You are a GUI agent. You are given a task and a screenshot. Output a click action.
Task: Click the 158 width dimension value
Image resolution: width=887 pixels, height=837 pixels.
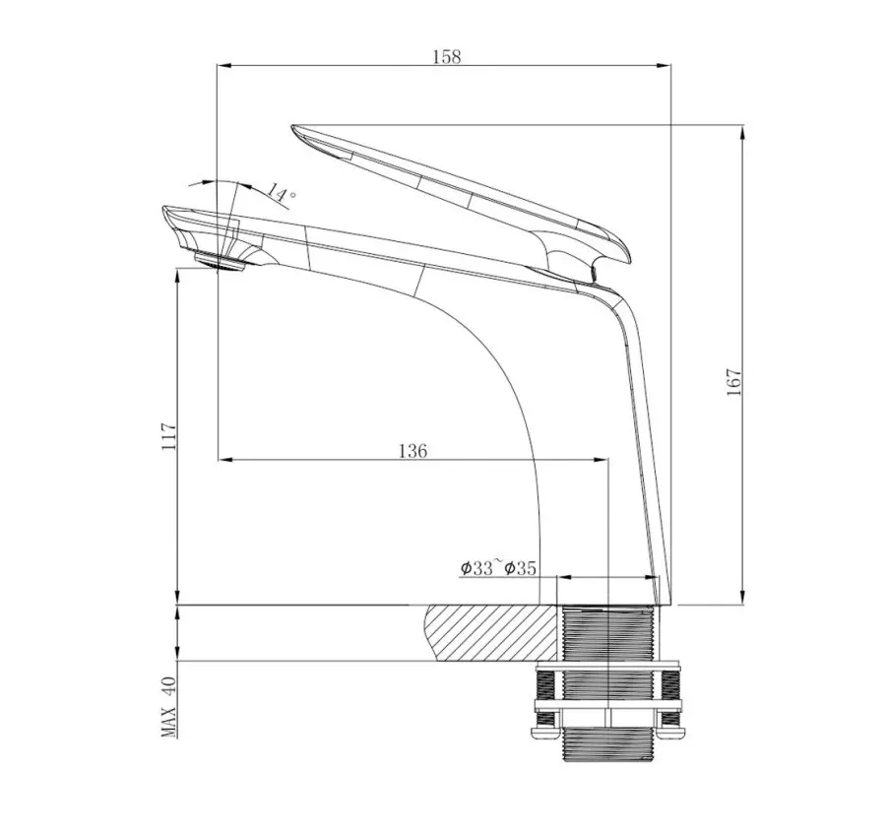[x=446, y=56]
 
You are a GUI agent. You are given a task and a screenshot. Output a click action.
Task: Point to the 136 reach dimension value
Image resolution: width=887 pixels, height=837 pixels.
[x=412, y=451]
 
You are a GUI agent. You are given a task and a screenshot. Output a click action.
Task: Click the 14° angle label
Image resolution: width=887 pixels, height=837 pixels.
[x=281, y=193]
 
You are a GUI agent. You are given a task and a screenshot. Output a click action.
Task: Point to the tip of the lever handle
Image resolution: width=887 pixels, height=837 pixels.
[x=295, y=128]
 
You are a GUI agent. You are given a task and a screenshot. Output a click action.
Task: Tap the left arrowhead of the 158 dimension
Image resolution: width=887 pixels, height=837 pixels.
[x=222, y=66]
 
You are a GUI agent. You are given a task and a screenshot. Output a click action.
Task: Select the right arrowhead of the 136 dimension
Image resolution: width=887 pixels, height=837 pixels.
[x=603, y=460]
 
